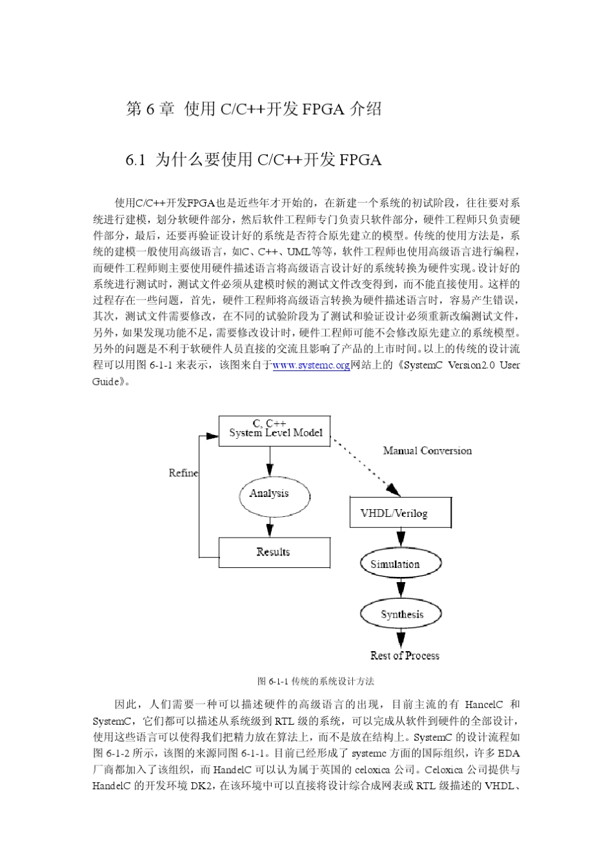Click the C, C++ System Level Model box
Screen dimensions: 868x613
275,430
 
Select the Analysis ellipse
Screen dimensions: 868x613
270,494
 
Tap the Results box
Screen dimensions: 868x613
274,552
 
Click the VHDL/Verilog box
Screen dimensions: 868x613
400,513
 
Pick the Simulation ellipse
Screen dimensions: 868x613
400,563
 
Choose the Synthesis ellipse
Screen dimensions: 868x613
401,614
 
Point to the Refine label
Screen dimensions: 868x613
183,473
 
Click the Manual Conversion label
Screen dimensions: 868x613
427,450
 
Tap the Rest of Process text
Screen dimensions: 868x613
405,656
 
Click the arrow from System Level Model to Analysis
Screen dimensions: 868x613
270,461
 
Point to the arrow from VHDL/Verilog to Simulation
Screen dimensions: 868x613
401,537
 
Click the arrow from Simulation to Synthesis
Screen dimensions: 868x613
401,588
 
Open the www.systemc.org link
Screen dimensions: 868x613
311,365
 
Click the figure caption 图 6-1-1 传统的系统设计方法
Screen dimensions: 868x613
316,681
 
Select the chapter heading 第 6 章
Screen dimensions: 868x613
150,108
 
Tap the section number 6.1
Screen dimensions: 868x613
136,160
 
